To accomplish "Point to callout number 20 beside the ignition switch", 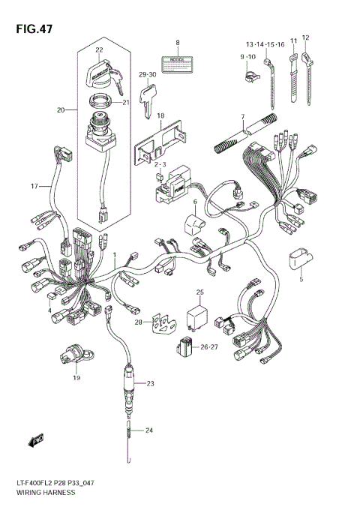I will coord(61,110).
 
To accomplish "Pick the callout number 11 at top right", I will coord(294,37).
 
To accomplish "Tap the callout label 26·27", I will coord(209,346).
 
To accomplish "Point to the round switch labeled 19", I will coord(74,353).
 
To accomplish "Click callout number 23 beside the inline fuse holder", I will coord(150,384).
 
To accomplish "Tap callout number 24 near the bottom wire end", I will coord(150,430).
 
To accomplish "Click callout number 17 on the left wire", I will coord(34,185).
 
